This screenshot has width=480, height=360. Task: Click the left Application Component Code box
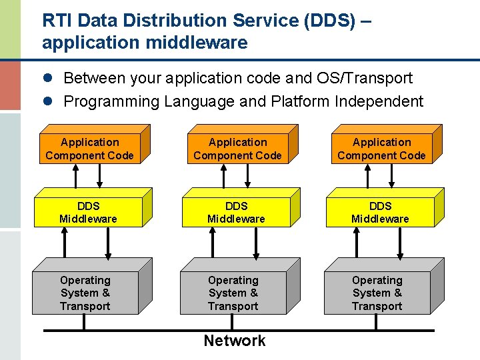(x=89, y=149)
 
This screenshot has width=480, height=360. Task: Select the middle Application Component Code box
(x=237, y=149)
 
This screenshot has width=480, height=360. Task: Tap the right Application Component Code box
(x=381, y=149)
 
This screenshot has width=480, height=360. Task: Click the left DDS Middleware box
(x=88, y=213)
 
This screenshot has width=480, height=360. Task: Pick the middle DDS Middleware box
(x=236, y=213)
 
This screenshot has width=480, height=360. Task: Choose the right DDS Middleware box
(x=380, y=213)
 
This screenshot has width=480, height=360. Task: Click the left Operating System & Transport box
(x=85, y=293)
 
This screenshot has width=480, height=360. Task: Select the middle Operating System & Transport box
(x=233, y=293)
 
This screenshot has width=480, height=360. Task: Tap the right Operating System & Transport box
(x=377, y=293)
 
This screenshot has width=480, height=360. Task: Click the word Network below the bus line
(x=235, y=341)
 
